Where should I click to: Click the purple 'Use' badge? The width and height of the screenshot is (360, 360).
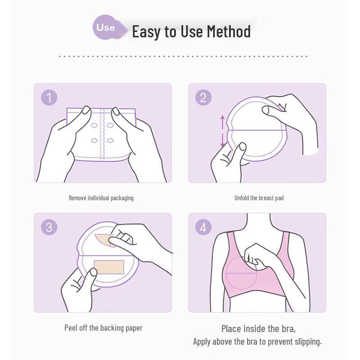click(105, 27)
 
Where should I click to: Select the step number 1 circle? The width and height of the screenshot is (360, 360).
click(49, 97)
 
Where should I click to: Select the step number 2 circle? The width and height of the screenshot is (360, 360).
click(203, 97)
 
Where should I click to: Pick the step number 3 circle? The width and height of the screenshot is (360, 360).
click(49, 227)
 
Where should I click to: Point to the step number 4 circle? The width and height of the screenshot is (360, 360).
click(203, 227)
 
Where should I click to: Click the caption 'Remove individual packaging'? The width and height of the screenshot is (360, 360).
click(101, 198)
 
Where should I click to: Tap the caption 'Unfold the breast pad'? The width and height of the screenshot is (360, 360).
click(259, 198)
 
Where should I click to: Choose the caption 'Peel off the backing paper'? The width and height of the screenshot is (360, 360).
click(103, 328)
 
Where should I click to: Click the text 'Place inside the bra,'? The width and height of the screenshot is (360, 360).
click(258, 328)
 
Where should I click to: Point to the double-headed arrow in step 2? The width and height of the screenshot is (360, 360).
click(222, 131)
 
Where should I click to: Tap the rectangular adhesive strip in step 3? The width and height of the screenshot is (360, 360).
click(108, 266)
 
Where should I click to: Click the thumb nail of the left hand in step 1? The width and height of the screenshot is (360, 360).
click(85, 111)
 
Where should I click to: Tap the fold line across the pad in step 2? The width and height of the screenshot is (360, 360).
click(256, 130)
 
